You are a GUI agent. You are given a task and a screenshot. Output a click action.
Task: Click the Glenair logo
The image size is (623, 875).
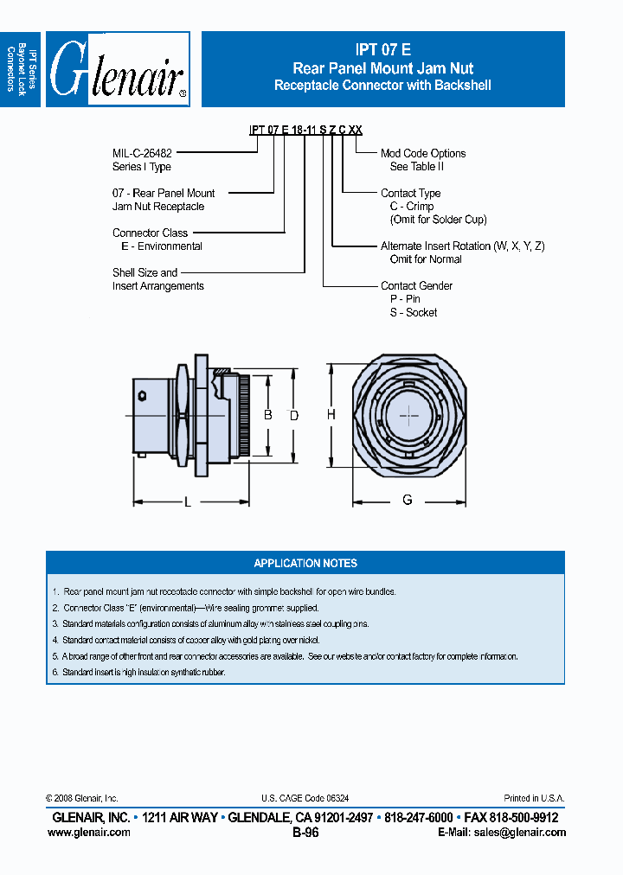(x=118, y=69)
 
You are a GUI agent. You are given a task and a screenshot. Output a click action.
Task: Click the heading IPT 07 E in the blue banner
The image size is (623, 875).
(x=382, y=50)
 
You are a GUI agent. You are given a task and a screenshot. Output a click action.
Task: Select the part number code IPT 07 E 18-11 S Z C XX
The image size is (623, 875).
(x=305, y=130)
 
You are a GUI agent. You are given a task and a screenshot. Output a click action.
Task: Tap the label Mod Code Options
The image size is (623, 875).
(x=422, y=153)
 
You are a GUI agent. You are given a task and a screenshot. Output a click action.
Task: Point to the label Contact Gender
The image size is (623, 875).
(x=416, y=285)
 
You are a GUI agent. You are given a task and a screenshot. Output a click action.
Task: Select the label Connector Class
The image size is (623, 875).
(x=150, y=233)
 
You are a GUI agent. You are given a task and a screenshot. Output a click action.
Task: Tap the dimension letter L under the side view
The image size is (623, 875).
(x=188, y=501)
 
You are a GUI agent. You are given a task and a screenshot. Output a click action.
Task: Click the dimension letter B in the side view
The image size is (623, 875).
(x=268, y=415)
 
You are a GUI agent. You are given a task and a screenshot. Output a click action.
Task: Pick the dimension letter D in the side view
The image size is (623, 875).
(x=293, y=416)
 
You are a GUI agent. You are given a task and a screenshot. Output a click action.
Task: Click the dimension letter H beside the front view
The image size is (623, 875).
(x=331, y=415)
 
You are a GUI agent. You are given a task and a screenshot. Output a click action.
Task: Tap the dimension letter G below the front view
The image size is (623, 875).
(x=408, y=500)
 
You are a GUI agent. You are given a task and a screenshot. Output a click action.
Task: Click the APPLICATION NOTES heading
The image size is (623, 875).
(x=305, y=563)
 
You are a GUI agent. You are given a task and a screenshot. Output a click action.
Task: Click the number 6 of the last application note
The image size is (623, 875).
(x=55, y=672)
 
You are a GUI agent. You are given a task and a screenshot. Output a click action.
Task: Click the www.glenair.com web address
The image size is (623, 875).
(x=89, y=833)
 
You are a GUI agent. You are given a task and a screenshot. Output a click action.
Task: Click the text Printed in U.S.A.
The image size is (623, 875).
(x=534, y=799)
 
